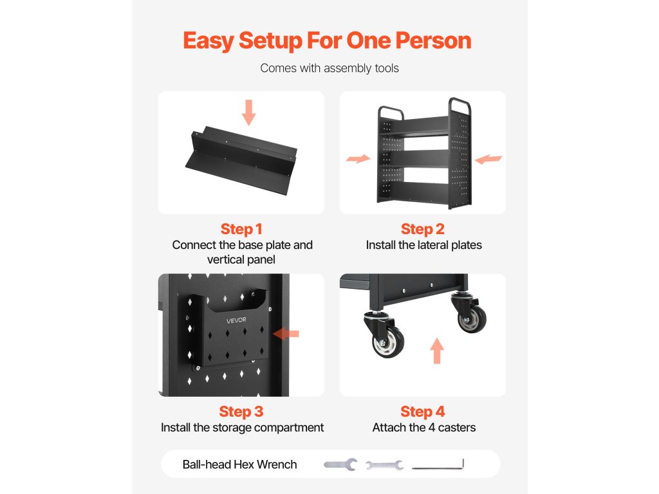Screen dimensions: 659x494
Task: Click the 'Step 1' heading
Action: [241, 229]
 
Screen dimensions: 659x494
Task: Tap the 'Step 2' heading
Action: [422, 229]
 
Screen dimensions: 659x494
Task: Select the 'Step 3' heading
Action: [241, 412]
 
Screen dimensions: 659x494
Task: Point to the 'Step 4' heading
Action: [422, 412]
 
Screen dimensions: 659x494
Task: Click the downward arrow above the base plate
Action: [249, 113]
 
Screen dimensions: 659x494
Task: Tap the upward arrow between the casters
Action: [437, 351]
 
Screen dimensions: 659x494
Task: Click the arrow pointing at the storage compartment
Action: [286, 334]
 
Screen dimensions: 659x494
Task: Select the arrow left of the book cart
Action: [358, 158]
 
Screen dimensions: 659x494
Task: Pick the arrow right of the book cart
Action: [488, 160]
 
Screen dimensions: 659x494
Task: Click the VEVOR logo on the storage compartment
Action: [236, 320]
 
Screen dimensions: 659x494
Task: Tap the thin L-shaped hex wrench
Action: [438, 464]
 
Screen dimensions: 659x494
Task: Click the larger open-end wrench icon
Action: [340, 464]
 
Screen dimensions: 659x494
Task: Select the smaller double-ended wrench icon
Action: [385, 464]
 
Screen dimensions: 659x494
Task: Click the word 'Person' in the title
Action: [433, 41]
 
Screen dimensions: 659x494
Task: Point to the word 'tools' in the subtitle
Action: [387, 68]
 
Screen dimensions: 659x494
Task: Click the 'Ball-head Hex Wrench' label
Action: [239, 464]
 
